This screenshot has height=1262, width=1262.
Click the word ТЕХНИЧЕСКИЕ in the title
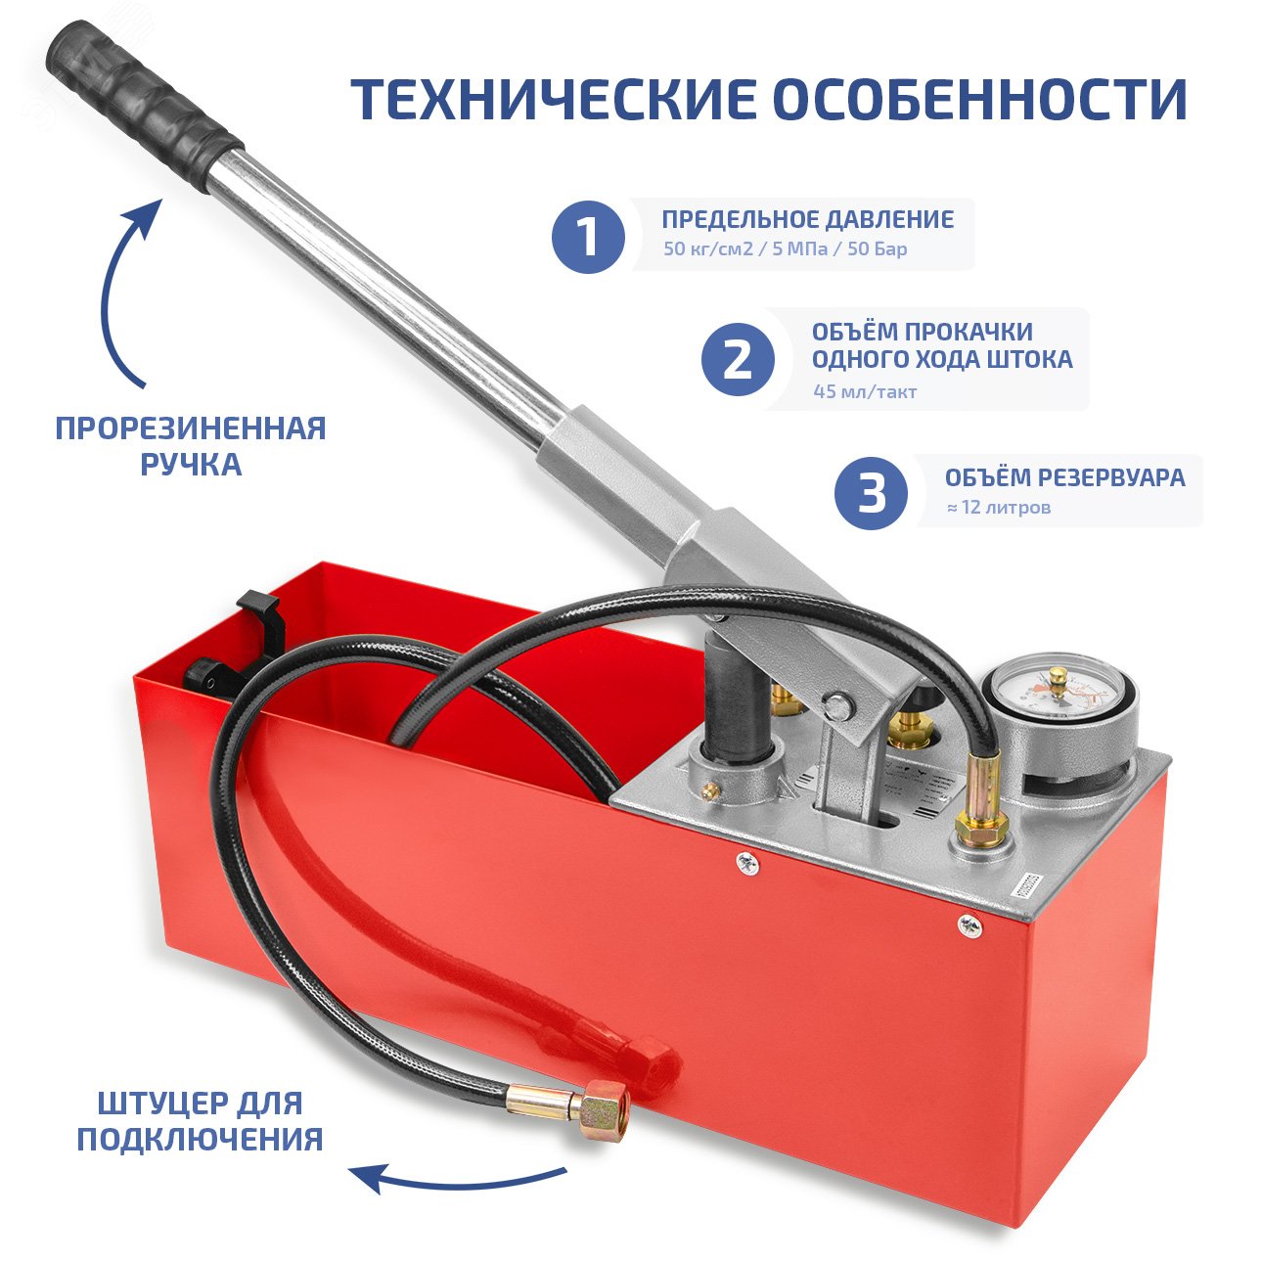click(x=553, y=99)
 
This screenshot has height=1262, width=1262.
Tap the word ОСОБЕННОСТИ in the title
click(x=980, y=99)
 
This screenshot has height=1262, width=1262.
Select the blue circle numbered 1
click(x=588, y=237)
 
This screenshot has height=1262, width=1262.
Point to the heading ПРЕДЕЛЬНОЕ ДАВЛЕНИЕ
click(x=807, y=219)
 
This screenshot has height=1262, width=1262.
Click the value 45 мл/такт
click(x=865, y=391)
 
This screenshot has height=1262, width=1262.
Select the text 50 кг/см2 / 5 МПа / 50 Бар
click(x=785, y=248)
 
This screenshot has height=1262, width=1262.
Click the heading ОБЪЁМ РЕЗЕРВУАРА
click(x=1064, y=477)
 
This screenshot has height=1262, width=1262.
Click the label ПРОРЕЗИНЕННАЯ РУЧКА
click(x=191, y=445)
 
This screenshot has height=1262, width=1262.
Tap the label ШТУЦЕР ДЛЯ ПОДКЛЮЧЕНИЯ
click(x=201, y=1121)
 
